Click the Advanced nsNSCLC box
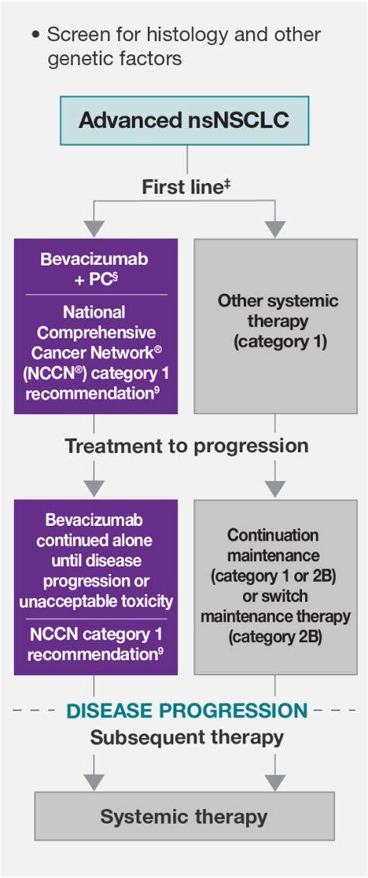pos(185,120)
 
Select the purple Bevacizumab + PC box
pos(95,326)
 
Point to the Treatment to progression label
pos(186,446)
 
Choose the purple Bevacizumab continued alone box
pos(95,586)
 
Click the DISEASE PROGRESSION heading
pos(186,710)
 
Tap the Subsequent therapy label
pos(186,737)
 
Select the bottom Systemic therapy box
pos(184,817)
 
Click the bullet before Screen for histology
pos(36,36)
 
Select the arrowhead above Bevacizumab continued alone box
pos(94,488)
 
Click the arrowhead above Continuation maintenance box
pos(275,488)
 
